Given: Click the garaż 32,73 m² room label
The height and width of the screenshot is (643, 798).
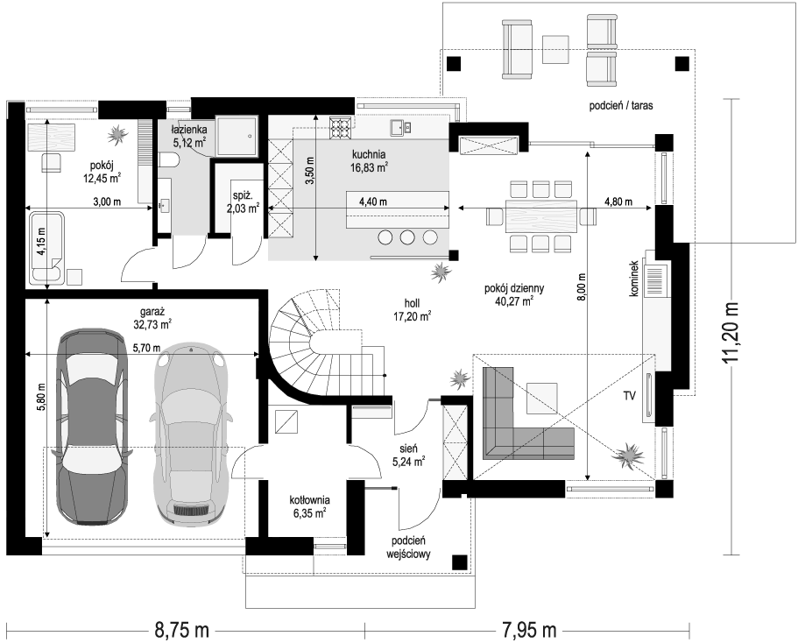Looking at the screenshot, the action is tap(155, 318).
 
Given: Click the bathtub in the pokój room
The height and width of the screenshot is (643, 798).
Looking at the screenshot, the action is tap(46, 248).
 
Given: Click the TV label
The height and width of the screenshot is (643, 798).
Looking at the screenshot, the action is tap(630, 396).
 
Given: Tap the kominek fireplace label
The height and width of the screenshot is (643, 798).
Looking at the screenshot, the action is tap(634, 279).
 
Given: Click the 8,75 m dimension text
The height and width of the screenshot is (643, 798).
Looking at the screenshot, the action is tap(181, 630).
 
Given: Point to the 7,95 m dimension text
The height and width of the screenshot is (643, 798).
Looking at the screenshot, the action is tap(529, 630).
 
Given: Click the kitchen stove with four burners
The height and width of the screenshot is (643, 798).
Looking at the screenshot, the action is tap(341, 128).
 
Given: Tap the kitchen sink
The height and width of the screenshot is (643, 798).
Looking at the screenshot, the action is tap(400, 128).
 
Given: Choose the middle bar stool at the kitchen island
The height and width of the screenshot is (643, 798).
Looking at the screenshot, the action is tap(407, 237).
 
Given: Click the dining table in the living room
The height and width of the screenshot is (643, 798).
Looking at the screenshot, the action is tap(541, 216).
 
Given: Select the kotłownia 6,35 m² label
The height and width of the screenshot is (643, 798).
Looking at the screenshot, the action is tap(309, 506).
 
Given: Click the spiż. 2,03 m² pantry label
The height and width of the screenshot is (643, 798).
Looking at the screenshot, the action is tap(243, 201).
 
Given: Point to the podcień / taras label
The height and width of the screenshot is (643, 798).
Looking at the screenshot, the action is tap(621, 106).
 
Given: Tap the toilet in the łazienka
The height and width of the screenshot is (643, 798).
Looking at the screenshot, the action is tap(168, 161).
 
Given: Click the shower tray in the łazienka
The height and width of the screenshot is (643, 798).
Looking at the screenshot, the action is tap(237, 136).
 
